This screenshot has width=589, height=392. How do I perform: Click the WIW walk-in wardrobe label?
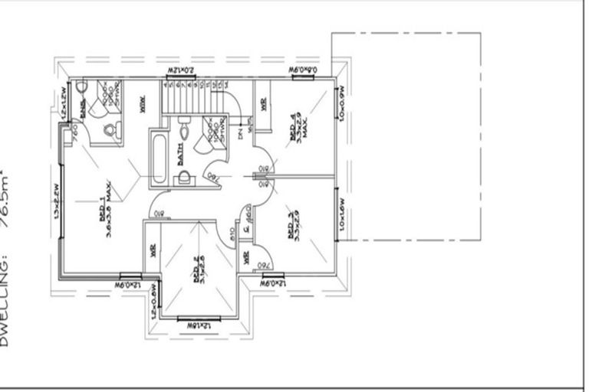click(x=143, y=105)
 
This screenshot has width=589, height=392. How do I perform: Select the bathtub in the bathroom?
click(x=159, y=160)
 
